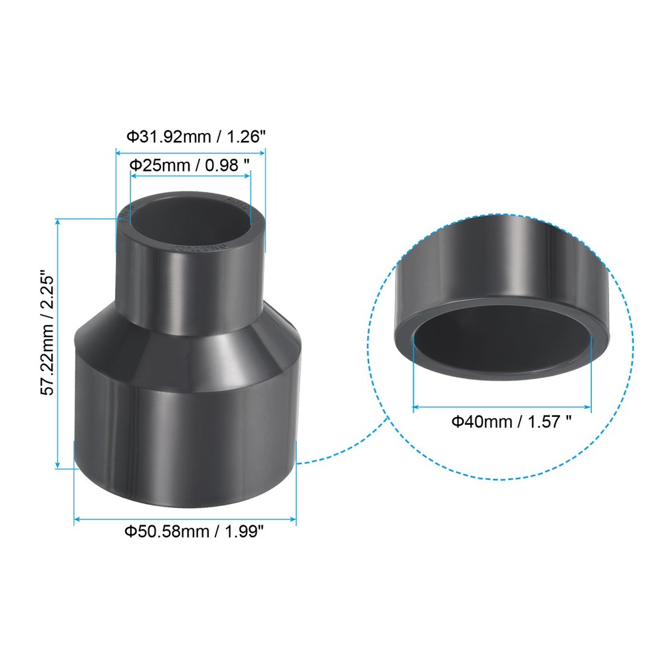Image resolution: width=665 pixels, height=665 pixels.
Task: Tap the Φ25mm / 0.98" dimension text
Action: pyautogui.click(x=190, y=164)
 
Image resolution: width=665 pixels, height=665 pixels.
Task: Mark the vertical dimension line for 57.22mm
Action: pyautogui.click(x=59, y=342)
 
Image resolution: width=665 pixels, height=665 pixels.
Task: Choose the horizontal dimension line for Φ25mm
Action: pyautogui.click(x=190, y=176)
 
